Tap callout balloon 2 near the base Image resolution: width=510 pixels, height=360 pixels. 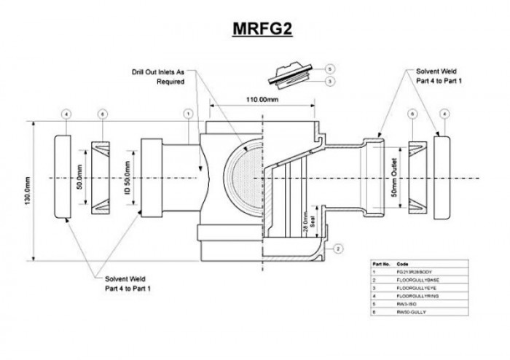(339, 249)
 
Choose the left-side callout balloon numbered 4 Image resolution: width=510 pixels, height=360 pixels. (66, 114)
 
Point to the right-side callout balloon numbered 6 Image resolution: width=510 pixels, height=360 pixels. (412, 114)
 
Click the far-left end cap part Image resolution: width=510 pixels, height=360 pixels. (63, 177)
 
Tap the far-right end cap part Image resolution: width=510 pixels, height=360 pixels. (444, 177)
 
